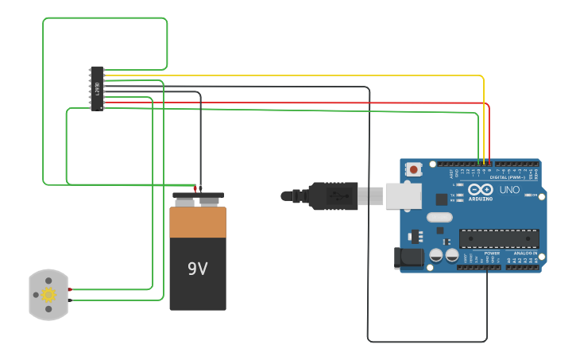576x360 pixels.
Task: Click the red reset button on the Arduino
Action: pyautogui.click(x=413, y=169)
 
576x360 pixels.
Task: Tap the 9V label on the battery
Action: pyautogui.click(x=197, y=269)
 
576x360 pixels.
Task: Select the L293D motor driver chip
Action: pyautogui.click(x=97, y=88)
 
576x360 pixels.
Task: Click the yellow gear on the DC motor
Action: pyautogui.click(x=48, y=295)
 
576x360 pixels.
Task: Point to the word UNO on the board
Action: pyautogui.click(x=509, y=190)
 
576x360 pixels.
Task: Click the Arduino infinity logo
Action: pyautogui.click(x=481, y=190)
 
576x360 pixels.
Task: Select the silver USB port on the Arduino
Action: pyautogui.click(x=403, y=195)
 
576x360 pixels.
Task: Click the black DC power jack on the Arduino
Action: pyautogui.click(x=409, y=257)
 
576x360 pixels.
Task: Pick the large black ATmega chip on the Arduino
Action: pyautogui.click(x=499, y=238)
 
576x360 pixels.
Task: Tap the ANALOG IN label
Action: pyautogui.click(x=525, y=253)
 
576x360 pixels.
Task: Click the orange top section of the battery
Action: pyautogui.click(x=198, y=223)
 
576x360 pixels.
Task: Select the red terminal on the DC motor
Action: pyautogui.click(x=70, y=289)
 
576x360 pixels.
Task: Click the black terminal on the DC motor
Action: pyautogui.click(x=70, y=300)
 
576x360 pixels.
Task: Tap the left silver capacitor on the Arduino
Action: pyautogui.click(x=436, y=255)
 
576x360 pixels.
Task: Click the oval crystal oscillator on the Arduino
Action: pyautogui.click(x=439, y=217)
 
